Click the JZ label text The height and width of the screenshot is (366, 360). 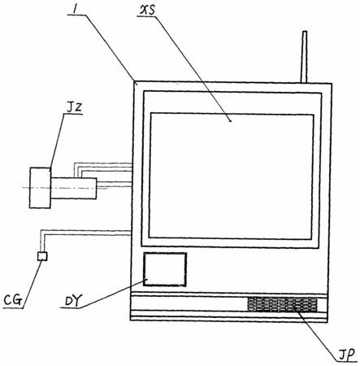coord(74,107)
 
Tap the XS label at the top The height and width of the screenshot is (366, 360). coord(147,11)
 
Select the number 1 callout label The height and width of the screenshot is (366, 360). coord(74,10)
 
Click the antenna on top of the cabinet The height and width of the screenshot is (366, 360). coord(304,57)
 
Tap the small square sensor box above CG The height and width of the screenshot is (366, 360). coord(42,256)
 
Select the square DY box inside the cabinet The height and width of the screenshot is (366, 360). coord(165,269)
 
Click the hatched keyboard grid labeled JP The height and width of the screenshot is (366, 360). coord(283,304)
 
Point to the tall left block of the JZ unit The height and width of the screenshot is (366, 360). coord(40,188)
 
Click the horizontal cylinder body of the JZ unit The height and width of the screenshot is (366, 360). coord(73,189)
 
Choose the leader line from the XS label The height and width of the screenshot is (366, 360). coord(193,68)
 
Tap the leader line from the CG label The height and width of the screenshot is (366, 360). coord(33,285)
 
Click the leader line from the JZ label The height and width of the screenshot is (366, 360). coord(57,141)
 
